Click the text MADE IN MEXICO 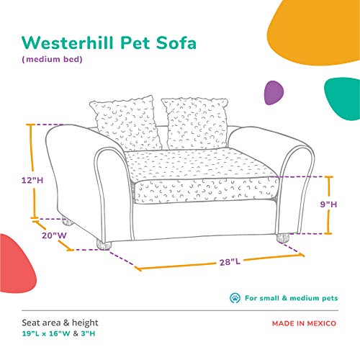(305, 323)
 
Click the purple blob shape (273, 89)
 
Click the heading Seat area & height (59, 323)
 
